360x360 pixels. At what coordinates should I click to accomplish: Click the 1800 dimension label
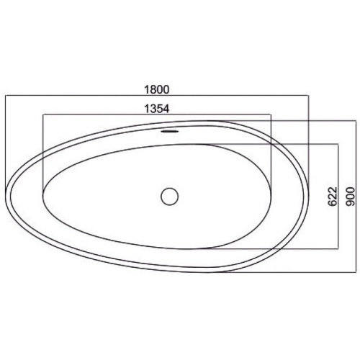[157, 89]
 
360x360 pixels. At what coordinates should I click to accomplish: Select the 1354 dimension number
[157, 109]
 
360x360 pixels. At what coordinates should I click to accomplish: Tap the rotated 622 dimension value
[333, 197]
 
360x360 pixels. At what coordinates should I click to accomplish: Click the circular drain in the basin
[170, 197]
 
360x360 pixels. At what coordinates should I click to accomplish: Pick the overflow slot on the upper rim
[170, 131]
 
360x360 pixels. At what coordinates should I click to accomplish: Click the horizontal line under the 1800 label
[157, 96]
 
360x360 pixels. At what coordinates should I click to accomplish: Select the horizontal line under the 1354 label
[157, 114]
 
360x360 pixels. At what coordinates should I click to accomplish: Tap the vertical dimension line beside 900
[356, 197]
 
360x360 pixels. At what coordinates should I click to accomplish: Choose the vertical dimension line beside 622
[338, 197]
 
